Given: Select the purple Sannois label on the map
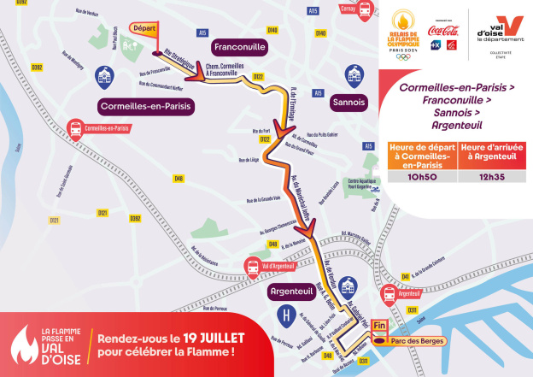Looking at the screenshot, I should click(x=348, y=101).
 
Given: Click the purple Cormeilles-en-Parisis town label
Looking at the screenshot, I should click(x=147, y=106).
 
